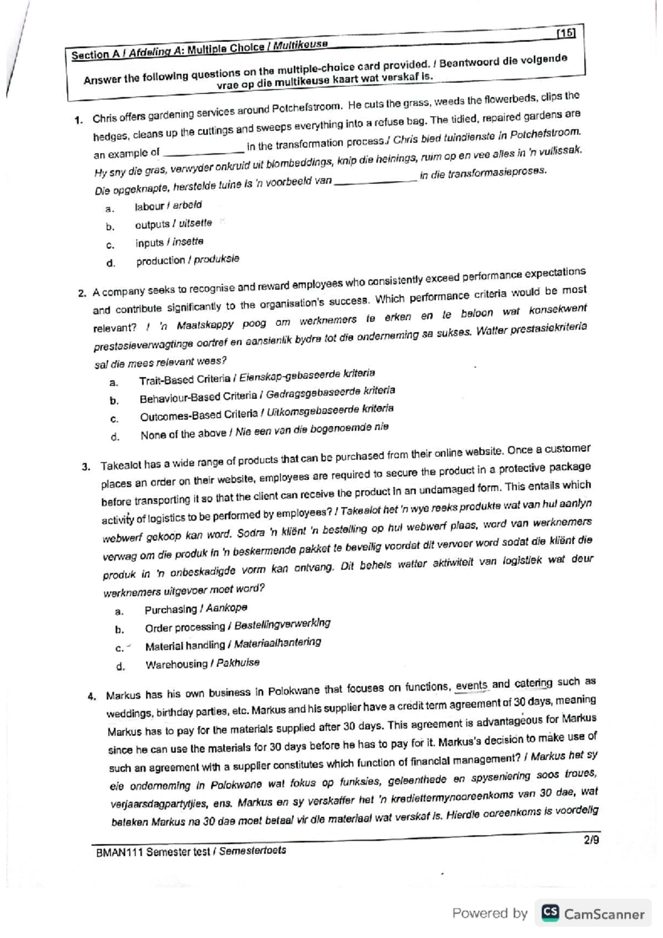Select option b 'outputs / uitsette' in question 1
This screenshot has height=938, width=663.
(173, 224)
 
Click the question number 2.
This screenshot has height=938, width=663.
(82, 294)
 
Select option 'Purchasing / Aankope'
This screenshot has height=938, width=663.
(196, 609)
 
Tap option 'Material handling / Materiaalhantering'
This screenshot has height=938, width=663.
(233, 645)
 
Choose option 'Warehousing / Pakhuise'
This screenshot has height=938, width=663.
(202, 664)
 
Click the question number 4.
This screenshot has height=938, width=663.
(92, 696)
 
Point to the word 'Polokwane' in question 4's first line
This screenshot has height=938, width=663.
(293, 691)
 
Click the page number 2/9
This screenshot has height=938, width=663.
(591, 841)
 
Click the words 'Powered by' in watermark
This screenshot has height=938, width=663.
(490, 914)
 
